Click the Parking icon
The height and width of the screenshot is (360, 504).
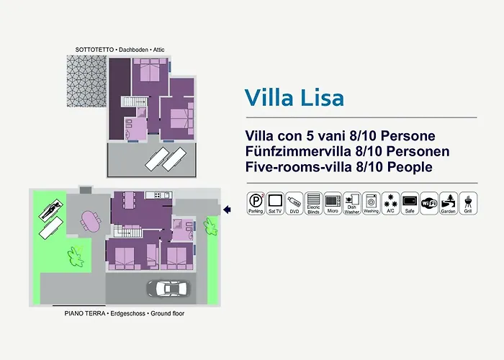click(x=256, y=202)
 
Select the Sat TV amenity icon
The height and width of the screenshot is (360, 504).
click(x=274, y=202)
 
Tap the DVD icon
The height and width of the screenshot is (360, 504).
click(x=294, y=202)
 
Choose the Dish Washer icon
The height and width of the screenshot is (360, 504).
click(x=351, y=202)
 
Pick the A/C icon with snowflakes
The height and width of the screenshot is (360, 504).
click(x=390, y=202)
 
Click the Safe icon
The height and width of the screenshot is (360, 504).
click(x=410, y=202)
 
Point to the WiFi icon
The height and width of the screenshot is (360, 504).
click(x=429, y=202)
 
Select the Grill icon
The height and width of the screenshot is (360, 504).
click(x=467, y=202)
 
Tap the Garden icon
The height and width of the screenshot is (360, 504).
click(x=448, y=202)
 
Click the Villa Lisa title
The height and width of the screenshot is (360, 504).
click(x=294, y=96)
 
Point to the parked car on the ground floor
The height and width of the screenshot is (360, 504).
click(x=167, y=289)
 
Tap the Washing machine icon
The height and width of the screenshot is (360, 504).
click(x=371, y=202)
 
